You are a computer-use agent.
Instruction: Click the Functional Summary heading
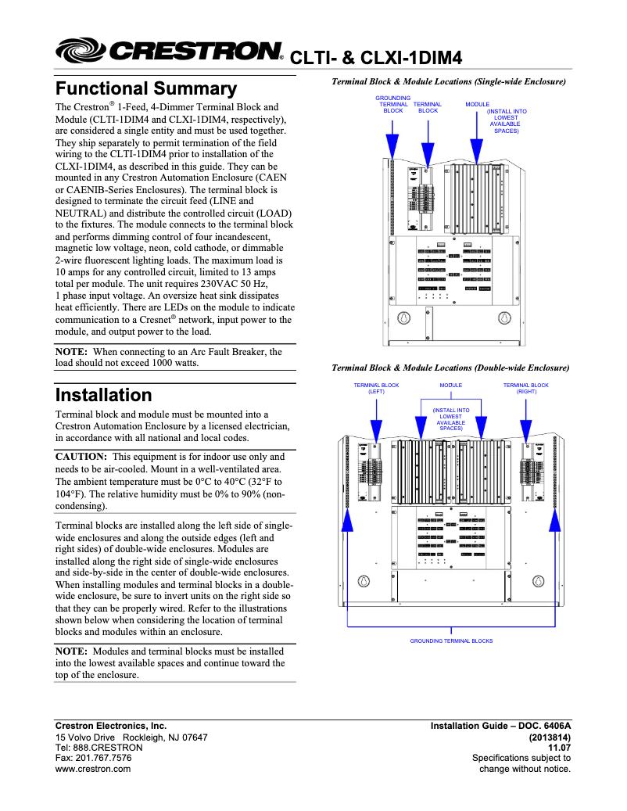pyautogui.click(x=145, y=88)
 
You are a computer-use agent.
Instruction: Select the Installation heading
pyautogui.click(x=103, y=395)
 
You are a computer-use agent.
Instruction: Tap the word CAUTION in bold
pyautogui.click(x=81, y=456)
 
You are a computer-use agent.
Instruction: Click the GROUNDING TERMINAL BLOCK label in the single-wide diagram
pyautogui.click(x=392, y=104)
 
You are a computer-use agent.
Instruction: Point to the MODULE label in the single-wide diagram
pyautogui.click(x=477, y=104)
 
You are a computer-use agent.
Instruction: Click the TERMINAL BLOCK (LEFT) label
pyautogui.click(x=376, y=389)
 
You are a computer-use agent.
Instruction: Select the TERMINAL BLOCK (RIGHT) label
pyautogui.click(x=525, y=389)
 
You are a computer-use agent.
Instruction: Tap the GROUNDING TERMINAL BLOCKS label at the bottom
pyautogui.click(x=451, y=641)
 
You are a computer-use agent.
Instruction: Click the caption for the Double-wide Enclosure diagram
pyautogui.click(x=450, y=368)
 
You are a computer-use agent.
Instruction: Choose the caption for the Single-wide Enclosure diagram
pyautogui.click(x=449, y=81)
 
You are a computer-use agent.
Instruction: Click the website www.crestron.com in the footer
pyautogui.click(x=92, y=769)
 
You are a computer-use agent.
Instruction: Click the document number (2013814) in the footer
pyautogui.click(x=550, y=737)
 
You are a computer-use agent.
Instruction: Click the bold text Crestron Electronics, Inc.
pyautogui.click(x=110, y=726)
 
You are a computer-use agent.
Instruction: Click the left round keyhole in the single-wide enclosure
pyautogui.click(x=404, y=318)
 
